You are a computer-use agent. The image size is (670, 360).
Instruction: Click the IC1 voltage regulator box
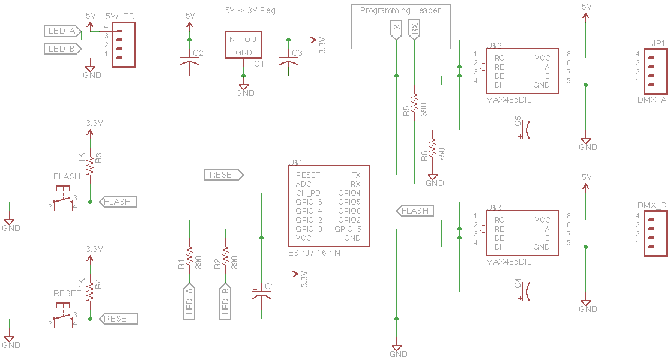click(x=244, y=45)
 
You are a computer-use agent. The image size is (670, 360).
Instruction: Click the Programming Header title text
click(x=400, y=10)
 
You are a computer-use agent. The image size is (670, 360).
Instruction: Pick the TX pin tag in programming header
click(x=396, y=29)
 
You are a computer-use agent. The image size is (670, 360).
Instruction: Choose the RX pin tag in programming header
click(x=414, y=29)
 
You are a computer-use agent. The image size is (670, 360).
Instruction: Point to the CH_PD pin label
click(x=308, y=193)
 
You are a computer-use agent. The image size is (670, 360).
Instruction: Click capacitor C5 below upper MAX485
click(x=525, y=129)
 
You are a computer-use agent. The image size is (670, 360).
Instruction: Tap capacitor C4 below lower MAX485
click(x=525, y=292)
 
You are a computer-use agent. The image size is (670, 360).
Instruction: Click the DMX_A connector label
click(x=651, y=100)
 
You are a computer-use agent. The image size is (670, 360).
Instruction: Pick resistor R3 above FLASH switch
click(x=91, y=164)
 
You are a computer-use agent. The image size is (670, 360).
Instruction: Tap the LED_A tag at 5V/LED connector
click(x=61, y=31)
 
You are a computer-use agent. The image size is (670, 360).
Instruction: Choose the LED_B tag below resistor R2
click(x=226, y=299)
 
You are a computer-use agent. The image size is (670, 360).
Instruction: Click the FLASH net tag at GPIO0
click(x=415, y=211)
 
